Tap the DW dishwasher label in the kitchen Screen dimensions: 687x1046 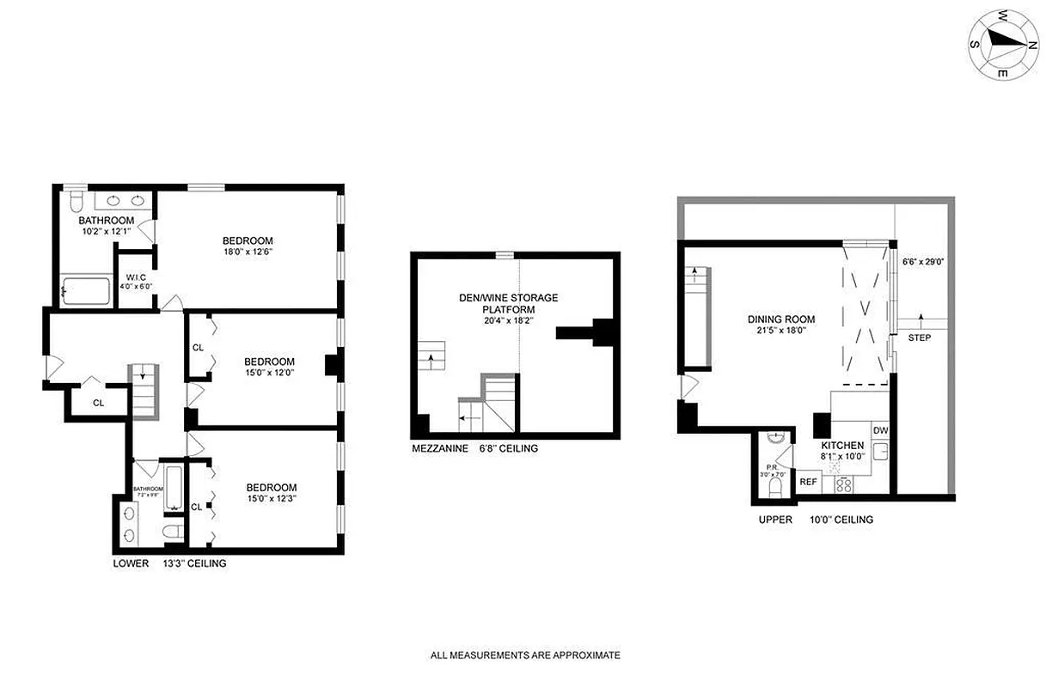[879, 430]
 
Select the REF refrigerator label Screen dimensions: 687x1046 [808, 482]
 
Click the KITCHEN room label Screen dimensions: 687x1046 [841, 446]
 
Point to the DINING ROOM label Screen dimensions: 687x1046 [780, 319]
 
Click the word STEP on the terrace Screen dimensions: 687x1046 [919, 337]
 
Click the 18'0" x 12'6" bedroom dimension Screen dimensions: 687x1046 [248, 252]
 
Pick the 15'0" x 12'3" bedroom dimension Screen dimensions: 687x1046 [271, 499]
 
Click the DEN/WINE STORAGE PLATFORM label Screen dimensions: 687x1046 [508, 303]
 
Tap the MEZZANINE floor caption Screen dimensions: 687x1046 [440, 448]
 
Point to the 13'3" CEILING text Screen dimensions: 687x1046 [194, 564]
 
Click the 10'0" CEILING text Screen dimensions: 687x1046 [841, 520]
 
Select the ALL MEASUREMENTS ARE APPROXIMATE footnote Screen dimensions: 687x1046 [525, 655]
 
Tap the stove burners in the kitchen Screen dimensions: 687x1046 [844, 484]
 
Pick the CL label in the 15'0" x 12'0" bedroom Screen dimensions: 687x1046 [198, 348]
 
